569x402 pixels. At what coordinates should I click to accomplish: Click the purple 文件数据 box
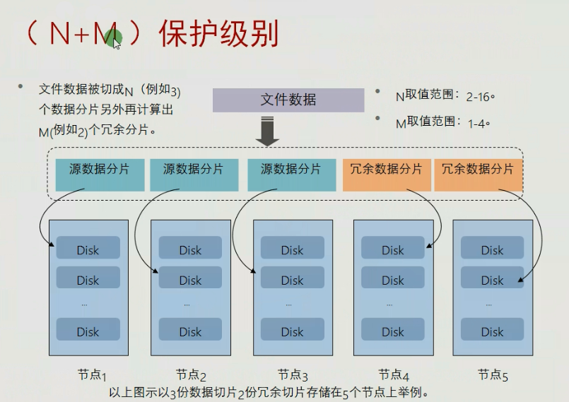288,100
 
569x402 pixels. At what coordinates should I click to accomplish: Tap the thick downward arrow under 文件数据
266,131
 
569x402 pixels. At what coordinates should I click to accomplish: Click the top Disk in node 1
88,248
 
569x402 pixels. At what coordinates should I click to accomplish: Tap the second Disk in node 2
190,279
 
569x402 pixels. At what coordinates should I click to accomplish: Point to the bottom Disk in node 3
292,331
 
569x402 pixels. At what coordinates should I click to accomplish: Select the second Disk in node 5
492,279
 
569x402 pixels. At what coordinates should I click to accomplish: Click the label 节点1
92,375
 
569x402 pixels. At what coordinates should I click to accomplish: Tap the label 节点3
293,375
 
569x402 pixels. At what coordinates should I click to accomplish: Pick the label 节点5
493,375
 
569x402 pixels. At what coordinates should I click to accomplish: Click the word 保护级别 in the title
218,33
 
